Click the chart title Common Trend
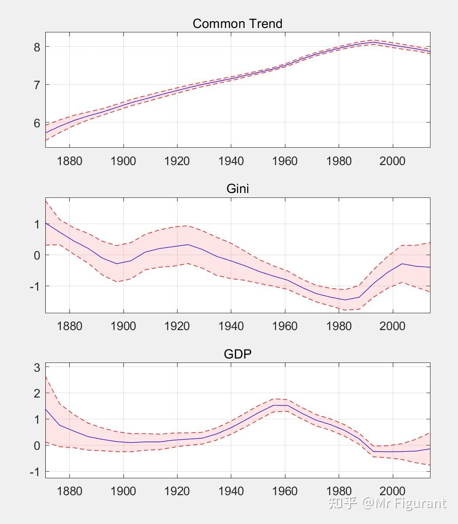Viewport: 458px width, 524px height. [237, 24]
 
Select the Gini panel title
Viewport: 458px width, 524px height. [237, 189]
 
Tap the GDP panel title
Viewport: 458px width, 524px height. [237, 354]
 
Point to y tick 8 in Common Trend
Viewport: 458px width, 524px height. [37, 47]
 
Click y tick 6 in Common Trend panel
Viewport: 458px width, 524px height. [37, 123]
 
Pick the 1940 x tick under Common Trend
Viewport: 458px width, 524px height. [231, 161]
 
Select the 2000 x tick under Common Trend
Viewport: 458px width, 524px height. [392, 161]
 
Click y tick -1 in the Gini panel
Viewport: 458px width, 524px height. [34, 286]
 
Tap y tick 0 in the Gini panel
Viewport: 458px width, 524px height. [37, 255]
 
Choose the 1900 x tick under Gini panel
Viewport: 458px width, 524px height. [123, 326]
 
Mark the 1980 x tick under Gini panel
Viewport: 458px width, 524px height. [339, 326]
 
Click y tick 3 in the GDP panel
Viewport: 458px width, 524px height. [37, 367]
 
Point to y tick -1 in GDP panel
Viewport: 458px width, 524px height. [34, 472]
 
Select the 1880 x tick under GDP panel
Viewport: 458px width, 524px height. [70, 491]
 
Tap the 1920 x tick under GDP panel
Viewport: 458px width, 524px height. [177, 491]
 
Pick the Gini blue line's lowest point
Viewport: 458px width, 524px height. [345, 299]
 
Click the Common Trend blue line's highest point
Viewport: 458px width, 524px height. [372, 42]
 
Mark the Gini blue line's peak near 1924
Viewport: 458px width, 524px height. [188, 244]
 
